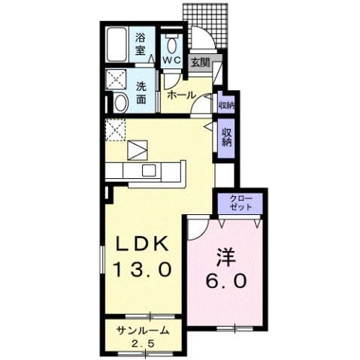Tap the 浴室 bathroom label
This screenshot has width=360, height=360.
[x=141, y=44]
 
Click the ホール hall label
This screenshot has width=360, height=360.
[x=180, y=95]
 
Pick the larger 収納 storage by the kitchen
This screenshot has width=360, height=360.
[x=225, y=138]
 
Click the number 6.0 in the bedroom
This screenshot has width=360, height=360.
[x=225, y=283]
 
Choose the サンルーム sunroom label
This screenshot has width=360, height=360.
[x=142, y=331]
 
